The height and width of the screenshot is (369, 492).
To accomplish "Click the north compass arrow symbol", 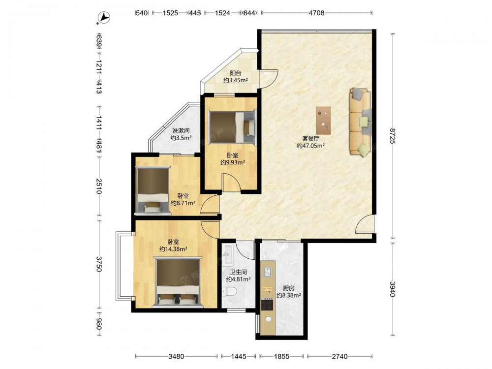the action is (103, 18).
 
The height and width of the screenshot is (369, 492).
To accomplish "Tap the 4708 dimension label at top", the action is (316, 13).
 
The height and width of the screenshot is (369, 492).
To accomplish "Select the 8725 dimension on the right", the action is (392, 136).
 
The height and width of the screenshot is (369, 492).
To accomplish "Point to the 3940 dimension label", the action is (392, 289).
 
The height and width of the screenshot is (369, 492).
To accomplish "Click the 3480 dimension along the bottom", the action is (176, 356).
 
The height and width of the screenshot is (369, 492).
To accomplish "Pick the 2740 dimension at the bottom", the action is (340, 356).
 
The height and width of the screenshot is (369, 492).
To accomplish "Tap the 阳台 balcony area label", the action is (236, 73).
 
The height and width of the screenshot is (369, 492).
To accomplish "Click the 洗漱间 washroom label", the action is (181, 130).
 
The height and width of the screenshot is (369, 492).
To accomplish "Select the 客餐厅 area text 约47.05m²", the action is (310, 146).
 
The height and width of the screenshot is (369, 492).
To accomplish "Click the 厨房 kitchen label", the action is (289, 288).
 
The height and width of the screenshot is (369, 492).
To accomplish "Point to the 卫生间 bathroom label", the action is (239, 272).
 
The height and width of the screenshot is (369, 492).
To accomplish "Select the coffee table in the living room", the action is (324, 120).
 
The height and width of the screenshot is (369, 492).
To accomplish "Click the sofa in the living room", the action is (361, 122).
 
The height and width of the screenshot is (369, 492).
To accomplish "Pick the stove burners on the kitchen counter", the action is (267, 304).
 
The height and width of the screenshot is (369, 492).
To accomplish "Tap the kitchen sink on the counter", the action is (267, 272).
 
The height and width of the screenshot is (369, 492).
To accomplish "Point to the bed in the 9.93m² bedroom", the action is (233, 127).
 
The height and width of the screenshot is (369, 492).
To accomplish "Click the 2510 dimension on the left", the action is (99, 186).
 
